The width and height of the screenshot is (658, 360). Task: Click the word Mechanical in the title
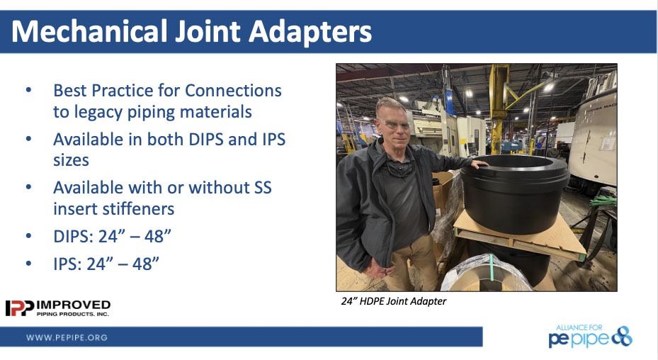89,31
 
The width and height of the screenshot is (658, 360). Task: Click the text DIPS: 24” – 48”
112,237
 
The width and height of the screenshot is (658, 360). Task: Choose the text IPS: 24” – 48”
106,264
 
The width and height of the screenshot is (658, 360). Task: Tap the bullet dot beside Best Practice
28,90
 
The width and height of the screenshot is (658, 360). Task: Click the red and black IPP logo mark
19,308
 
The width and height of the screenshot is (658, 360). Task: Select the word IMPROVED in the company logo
74,305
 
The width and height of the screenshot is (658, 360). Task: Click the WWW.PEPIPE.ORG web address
67,337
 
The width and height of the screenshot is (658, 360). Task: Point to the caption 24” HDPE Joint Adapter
394,301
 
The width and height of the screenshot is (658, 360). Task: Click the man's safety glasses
394,124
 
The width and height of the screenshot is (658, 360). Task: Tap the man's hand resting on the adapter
478,164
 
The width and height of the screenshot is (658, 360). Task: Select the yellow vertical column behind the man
499,109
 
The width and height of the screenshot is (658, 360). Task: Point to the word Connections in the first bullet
233,91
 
